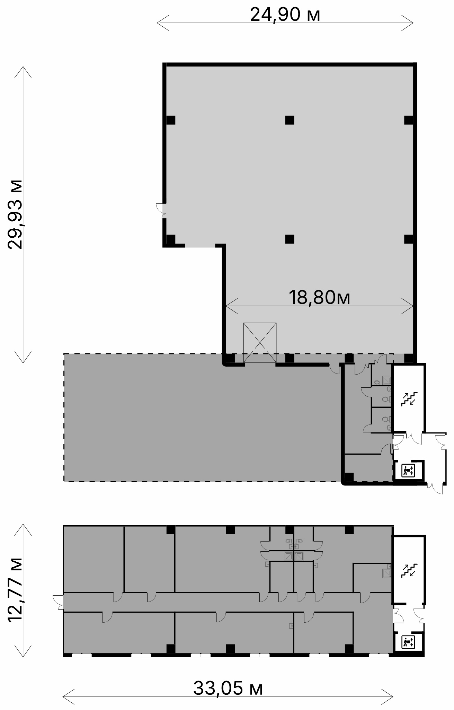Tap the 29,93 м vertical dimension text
tap(16, 214)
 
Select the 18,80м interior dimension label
tap(319, 297)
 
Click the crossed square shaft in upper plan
tap(260, 342)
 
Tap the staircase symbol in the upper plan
tap(409, 398)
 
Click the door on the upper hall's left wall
tap(161, 210)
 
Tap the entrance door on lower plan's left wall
tap(58, 602)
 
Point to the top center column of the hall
tap(290, 120)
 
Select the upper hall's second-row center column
tap(290, 239)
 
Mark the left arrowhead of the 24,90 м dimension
tap(158, 23)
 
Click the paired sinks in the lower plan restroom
tap(294, 541)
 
